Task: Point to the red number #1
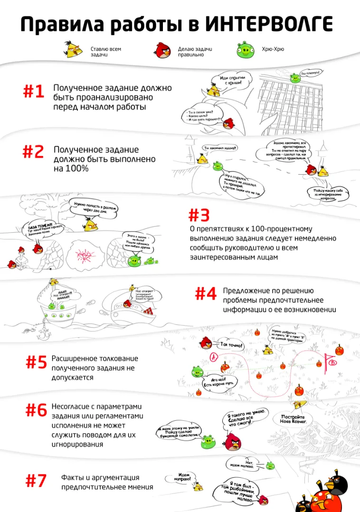[x=34, y=92]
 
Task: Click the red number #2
[x=33, y=152]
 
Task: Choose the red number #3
[x=199, y=215]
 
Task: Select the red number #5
[x=36, y=362]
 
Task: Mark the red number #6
[x=36, y=409]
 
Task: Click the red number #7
[x=36, y=481]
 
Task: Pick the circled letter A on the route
[x=214, y=357]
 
